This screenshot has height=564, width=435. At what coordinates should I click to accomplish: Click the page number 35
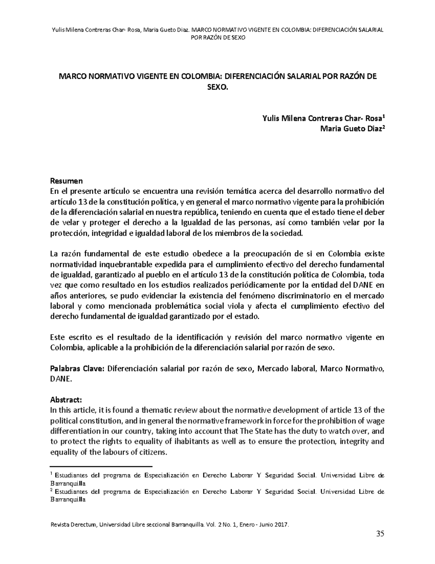(x=380, y=533)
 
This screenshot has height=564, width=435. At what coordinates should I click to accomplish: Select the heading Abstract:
(x=66, y=400)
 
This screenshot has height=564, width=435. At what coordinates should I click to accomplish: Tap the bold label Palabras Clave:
(x=77, y=369)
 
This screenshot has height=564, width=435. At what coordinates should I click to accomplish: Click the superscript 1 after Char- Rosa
(x=384, y=117)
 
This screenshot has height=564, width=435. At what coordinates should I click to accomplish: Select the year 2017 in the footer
(x=281, y=524)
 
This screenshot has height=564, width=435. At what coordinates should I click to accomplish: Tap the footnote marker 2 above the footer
(x=51, y=490)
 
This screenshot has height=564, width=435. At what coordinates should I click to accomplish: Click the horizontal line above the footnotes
(x=101, y=466)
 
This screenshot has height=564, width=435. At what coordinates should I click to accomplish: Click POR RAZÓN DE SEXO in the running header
(x=218, y=38)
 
